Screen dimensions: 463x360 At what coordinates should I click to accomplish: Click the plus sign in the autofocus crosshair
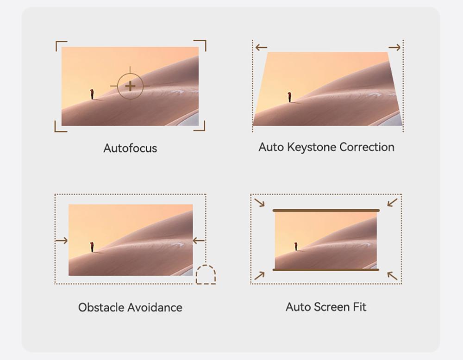[x=130, y=86]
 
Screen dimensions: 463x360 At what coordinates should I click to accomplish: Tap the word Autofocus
[x=130, y=148]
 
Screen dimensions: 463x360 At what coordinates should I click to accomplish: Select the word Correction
[x=367, y=147]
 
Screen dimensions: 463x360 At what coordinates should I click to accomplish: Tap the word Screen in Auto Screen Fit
[x=332, y=307]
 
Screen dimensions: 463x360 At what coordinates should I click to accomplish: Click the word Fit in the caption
[x=359, y=307]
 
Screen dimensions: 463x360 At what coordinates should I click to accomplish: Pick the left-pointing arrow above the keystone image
[x=261, y=47]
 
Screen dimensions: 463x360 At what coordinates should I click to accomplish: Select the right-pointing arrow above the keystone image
[x=394, y=47]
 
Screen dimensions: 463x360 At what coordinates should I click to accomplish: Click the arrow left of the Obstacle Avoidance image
[x=62, y=241]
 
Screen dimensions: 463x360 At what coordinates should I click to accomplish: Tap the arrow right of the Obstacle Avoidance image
[x=199, y=241]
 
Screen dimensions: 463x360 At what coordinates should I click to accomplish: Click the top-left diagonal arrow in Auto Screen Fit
[x=260, y=202]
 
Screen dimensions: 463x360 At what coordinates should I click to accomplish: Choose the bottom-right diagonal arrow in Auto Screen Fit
[x=393, y=276]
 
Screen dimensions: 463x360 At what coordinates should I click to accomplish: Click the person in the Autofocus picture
[x=92, y=94]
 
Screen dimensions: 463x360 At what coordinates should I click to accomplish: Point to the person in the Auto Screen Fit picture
[x=295, y=246]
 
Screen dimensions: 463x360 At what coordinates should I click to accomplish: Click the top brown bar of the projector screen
[x=326, y=211]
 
